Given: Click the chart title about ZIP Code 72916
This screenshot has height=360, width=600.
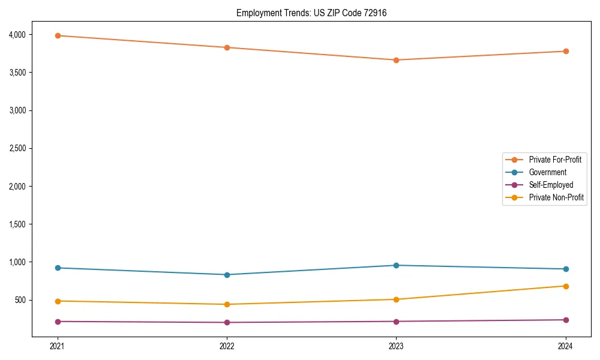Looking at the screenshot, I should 307,13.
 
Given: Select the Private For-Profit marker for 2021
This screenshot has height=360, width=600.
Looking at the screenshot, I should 58,35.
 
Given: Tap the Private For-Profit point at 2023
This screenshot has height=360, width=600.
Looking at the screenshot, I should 396,60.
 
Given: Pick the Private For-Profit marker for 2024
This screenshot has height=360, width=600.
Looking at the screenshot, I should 566,51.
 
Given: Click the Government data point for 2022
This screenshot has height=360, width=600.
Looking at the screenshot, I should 227,275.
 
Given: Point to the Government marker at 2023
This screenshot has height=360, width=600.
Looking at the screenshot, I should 396,265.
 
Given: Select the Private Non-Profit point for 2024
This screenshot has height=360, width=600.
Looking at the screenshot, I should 566,286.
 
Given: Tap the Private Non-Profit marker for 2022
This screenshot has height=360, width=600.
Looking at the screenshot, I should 227,304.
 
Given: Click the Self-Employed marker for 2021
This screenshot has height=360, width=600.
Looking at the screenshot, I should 58,322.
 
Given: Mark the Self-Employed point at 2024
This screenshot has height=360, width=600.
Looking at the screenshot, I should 566,320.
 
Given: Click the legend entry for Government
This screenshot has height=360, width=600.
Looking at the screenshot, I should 547,172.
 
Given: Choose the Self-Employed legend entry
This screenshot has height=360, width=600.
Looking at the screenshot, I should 551,185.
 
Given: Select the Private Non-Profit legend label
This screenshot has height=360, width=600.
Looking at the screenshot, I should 556,197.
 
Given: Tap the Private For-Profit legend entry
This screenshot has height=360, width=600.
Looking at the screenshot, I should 555,160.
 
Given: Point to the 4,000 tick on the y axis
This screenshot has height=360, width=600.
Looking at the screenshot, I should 17,35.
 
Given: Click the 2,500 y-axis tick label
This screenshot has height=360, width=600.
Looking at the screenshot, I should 17,148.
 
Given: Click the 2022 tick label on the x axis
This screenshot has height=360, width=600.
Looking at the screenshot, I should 227,346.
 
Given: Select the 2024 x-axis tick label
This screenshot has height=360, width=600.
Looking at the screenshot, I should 566,346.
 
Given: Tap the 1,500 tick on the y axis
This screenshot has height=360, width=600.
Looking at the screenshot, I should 17,224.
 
